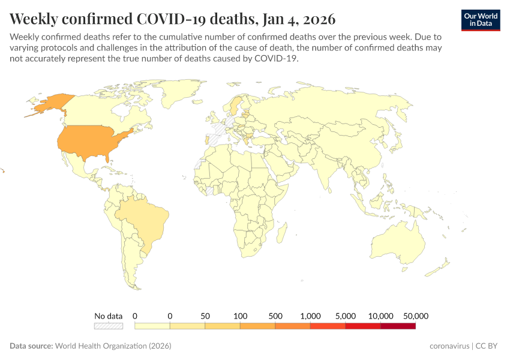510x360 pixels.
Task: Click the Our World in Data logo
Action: click(x=480, y=19)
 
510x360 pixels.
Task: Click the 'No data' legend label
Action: click(x=108, y=316)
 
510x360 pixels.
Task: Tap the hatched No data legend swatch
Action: click(x=108, y=326)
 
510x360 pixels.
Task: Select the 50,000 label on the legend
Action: click(x=415, y=316)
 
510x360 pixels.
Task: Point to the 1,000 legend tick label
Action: click(x=310, y=316)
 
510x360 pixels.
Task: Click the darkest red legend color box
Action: click(x=398, y=326)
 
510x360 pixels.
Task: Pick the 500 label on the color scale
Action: click(x=275, y=316)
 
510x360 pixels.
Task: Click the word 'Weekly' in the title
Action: click(x=37, y=18)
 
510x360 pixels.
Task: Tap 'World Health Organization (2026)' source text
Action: click(x=113, y=346)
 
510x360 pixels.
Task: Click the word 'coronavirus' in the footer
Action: click(x=450, y=346)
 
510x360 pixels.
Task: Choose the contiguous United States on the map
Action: click(x=90, y=141)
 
